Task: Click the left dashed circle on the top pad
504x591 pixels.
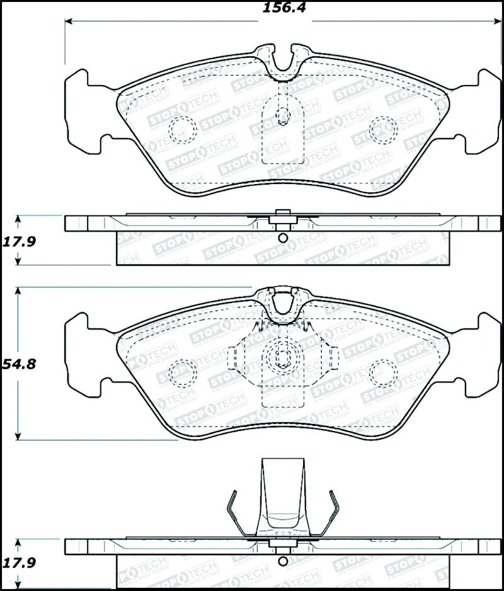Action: pyautogui.click(x=183, y=129)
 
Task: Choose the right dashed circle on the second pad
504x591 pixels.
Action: pyautogui.click(x=382, y=372)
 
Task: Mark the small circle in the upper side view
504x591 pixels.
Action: pyautogui.click(x=282, y=238)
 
